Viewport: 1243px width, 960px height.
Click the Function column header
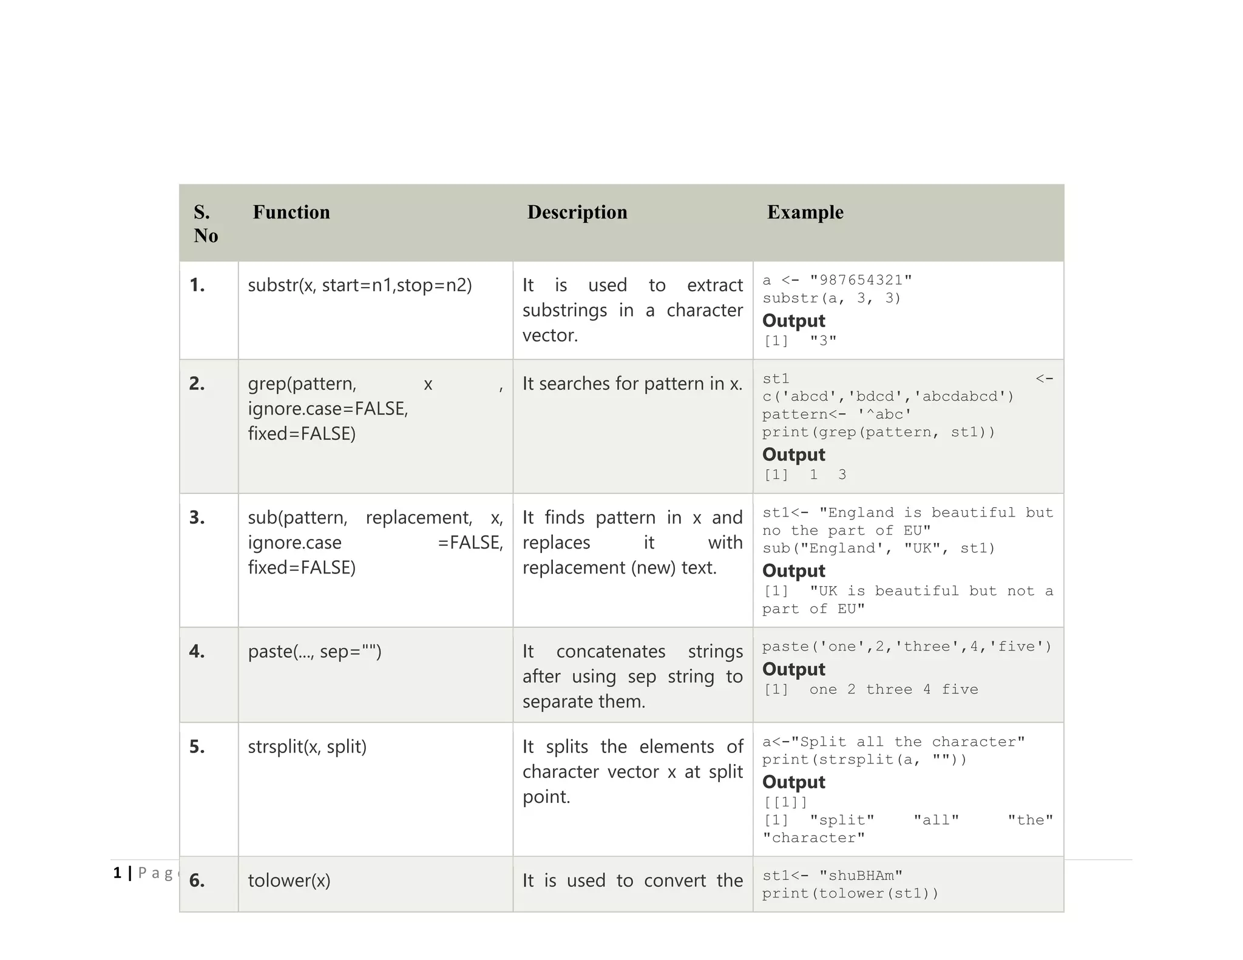(291, 212)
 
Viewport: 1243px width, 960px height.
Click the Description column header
(577, 212)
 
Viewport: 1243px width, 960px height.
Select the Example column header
(805, 212)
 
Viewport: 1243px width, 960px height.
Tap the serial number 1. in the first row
(197, 285)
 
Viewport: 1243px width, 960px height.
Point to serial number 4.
(197, 652)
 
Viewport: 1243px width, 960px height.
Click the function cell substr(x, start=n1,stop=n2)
(360, 285)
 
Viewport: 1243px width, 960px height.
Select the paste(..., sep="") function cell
(314, 652)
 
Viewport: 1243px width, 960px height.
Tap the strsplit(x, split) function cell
(307, 747)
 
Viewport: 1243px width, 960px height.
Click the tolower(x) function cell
(289, 881)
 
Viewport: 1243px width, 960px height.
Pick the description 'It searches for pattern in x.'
(632, 384)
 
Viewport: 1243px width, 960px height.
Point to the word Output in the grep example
(793, 455)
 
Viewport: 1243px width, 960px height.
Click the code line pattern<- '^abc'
(837, 414)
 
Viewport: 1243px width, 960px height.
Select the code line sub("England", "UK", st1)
(878, 549)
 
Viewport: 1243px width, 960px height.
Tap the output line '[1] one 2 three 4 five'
(870, 690)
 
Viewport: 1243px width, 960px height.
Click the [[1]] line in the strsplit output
(785, 802)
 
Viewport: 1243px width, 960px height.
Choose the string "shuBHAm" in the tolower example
(861, 876)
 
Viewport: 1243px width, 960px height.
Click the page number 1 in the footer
(117, 873)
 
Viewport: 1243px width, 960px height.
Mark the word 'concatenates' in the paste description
(611, 652)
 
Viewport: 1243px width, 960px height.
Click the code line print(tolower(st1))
(850, 894)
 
